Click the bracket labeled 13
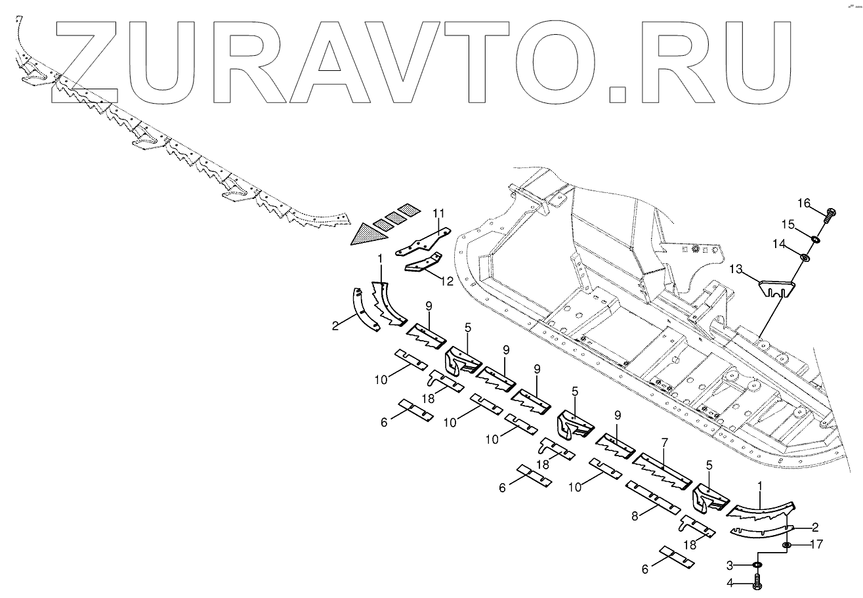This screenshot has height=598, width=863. pyautogui.click(x=777, y=288)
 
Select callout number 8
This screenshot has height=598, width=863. pyautogui.click(x=635, y=517)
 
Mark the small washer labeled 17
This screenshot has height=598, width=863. pyautogui.click(x=787, y=545)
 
